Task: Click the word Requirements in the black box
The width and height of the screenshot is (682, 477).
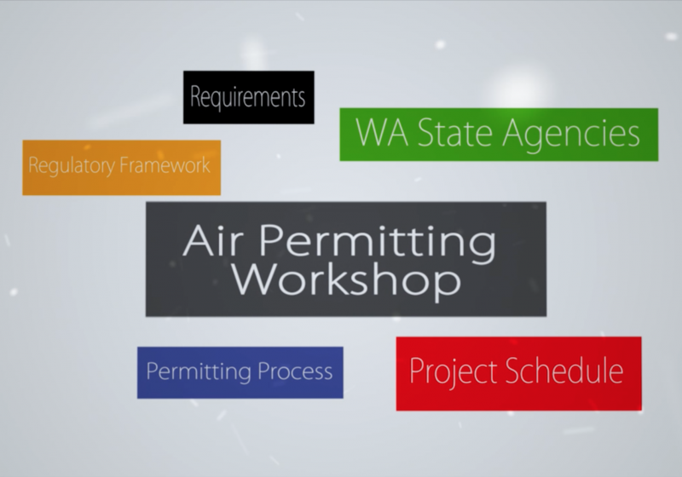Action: point(248,97)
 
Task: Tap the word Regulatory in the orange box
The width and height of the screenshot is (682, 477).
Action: point(72,166)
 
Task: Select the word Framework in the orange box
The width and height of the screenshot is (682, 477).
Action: point(165,164)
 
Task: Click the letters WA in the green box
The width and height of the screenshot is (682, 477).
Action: point(382,132)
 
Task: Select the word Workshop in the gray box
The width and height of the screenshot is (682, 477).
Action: point(346,279)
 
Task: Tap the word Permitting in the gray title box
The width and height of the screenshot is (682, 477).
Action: point(378,244)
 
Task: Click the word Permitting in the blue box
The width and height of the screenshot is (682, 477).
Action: point(199,372)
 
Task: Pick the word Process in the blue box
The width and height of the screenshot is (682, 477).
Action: point(295,371)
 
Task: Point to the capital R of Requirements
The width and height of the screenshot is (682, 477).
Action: point(195,96)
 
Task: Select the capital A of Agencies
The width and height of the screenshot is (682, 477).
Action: point(515,132)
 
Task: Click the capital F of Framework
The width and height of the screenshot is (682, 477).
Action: point(124,164)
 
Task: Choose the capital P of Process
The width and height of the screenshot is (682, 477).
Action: point(263,371)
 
